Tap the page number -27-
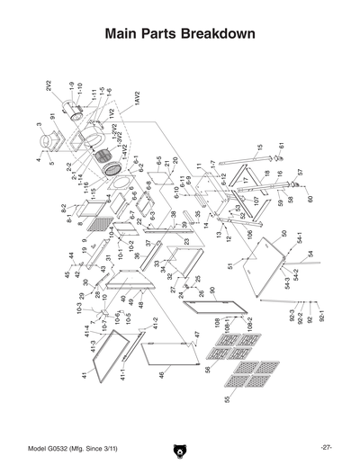(x=326, y=447)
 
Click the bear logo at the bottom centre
(x=180, y=448)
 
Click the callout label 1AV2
(x=138, y=100)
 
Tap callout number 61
(x=281, y=147)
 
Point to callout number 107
(x=256, y=200)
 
